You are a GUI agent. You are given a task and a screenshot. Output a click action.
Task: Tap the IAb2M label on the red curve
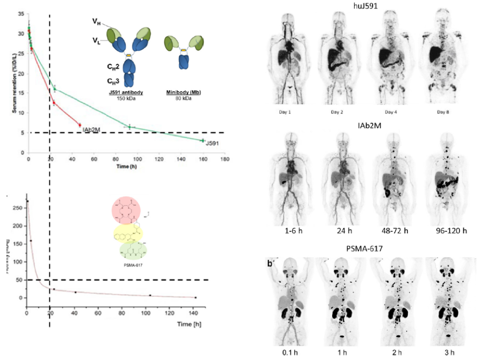[92, 130]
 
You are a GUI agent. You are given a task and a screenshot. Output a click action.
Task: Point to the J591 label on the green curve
[212, 144]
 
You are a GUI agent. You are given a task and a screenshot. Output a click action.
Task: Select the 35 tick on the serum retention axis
[20, 13]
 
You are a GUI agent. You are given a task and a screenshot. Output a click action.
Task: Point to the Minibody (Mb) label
[182, 93]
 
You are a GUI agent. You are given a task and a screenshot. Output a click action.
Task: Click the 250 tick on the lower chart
[18, 208]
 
